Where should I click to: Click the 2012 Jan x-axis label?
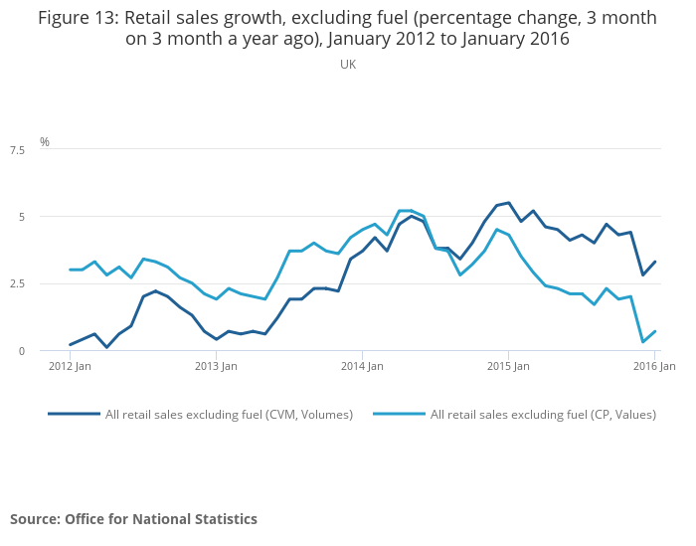click(71, 366)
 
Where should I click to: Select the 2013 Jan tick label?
click(216, 366)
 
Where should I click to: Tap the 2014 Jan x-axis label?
click(362, 366)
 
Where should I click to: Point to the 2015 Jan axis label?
click(508, 366)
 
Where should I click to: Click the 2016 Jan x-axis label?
click(654, 366)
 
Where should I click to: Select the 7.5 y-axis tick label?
click(17, 150)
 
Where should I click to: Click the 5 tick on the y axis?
click(21, 217)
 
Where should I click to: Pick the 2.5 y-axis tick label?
click(17, 283)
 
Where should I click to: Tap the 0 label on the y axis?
click(21, 350)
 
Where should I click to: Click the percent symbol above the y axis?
click(45, 142)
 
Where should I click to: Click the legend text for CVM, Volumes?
click(229, 415)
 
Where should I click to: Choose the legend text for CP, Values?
click(543, 415)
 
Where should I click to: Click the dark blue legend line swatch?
click(74, 414)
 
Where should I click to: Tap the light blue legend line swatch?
click(399, 414)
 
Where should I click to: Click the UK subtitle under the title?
click(348, 65)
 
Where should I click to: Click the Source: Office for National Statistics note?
click(133, 519)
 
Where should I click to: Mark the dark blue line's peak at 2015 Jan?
click(508, 203)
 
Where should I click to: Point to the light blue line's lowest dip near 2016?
click(642, 342)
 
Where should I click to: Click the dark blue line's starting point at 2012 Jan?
click(71, 345)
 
